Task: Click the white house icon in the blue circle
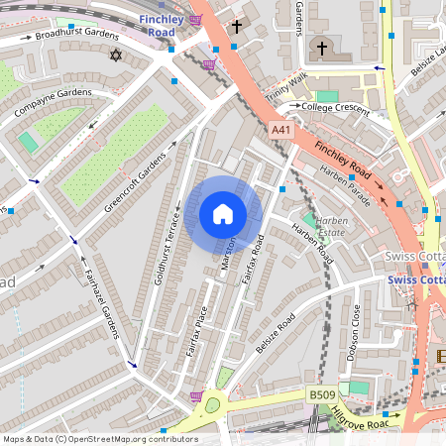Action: point(223,214)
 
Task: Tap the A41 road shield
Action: point(280,130)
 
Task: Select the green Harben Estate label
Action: point(332,225)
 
